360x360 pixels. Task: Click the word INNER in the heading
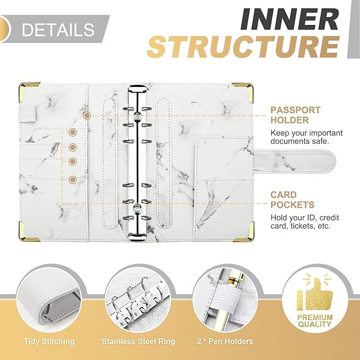click(x=289, y=19)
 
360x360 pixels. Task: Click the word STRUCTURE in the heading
click(x=243, y=47)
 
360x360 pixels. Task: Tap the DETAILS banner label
click(x=58, y=29)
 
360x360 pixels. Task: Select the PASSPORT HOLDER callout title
click(x=295, y=115)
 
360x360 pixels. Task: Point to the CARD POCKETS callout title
click(x=292, y=200)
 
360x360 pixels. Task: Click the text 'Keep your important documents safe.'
click(x=306, y=137)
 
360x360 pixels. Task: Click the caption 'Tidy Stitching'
click(x=49, y=341)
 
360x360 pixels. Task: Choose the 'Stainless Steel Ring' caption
click(x=138, y=341)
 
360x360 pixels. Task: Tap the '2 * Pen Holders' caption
click(x=225, y=341)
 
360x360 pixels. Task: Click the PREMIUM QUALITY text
click(x=315, y=321)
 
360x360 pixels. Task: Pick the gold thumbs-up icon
click(x=314, y=292)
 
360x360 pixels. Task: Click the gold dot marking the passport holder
click(x=87, y=116)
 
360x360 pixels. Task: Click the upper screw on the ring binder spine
click(x=137, y=116)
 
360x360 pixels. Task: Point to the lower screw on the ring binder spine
click(x=137, y=208)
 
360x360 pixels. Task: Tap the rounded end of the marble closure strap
click(x=331, y=160)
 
